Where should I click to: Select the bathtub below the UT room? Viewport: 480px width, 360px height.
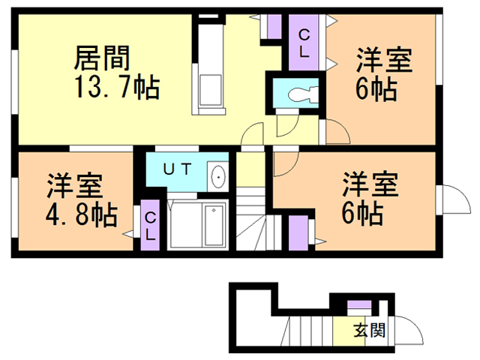(x=214, y=224)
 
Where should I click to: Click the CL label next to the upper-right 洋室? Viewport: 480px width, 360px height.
(x=304, y=43)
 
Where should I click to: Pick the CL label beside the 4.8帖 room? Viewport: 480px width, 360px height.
(x=150, y=225)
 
